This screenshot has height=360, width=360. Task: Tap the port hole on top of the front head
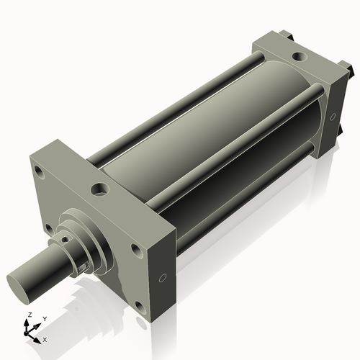coord(99,190)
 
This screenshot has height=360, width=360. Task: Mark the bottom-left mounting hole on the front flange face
coord(48,229)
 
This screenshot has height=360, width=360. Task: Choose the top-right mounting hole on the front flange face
coord(135,250)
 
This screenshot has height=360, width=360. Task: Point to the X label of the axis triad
coord(45,338)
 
